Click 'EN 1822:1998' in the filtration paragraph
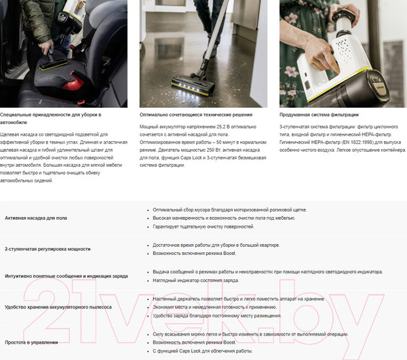pyautogui.click(x=349, y=143)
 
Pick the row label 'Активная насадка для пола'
pyautogui.click(x=35, y=218)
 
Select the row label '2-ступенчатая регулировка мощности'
pyautogui.click(x=47, y=249)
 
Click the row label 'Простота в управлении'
pyautogui.click(x=31, y=342)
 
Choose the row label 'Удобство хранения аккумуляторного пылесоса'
pyautogui.click(x=58, y=307)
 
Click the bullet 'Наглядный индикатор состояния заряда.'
pyautogui.click(x=195, y=280)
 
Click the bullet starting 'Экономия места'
pyautogui.click(x=211, y=307)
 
